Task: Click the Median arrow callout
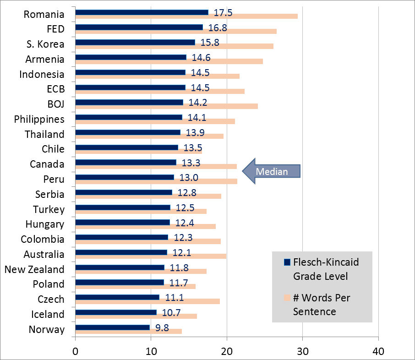271,171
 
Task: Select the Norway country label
46,329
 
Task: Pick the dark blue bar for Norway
112,327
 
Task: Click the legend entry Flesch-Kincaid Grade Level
321,269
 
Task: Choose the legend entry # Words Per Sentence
321,304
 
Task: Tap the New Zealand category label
34,269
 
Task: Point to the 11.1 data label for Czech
175,299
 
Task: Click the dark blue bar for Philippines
128,117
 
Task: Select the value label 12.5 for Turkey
185,208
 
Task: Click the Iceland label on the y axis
48,314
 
